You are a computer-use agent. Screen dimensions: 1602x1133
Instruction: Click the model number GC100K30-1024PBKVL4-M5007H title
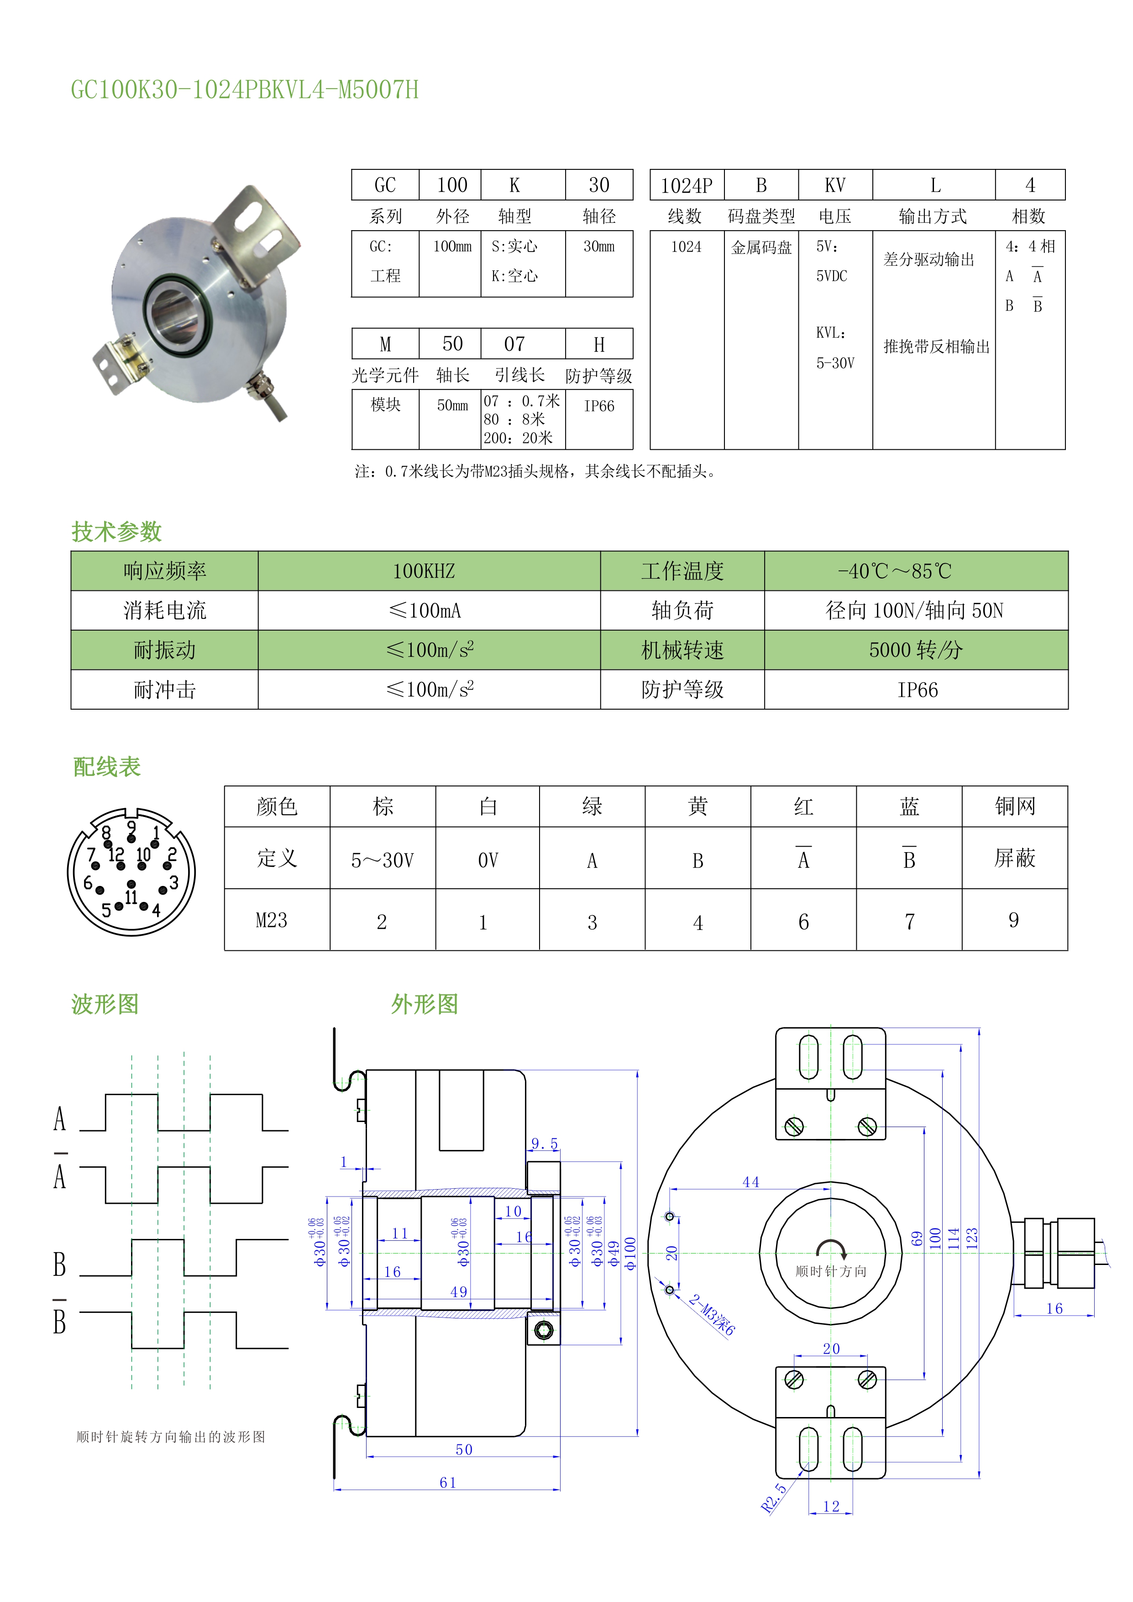244,90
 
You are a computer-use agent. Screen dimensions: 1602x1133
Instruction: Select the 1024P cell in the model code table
687,185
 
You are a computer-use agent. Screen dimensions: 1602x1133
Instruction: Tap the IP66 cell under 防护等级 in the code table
598,406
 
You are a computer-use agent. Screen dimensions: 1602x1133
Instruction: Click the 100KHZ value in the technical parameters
424,571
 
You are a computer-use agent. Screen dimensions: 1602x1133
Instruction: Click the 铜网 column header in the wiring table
1014,806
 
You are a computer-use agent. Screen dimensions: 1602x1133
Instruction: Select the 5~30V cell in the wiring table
383,860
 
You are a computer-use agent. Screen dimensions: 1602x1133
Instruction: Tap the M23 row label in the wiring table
272,920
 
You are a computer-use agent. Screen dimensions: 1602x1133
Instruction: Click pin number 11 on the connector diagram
131,896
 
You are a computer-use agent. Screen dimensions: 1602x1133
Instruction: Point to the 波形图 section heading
105,1004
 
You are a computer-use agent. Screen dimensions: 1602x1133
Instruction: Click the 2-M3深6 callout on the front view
712,1315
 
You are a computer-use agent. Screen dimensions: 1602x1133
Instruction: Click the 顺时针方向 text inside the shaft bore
831,1271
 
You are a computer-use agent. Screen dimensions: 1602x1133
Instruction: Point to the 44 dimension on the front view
750,1182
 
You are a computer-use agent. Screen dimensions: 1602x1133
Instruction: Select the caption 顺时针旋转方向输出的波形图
171,1437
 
